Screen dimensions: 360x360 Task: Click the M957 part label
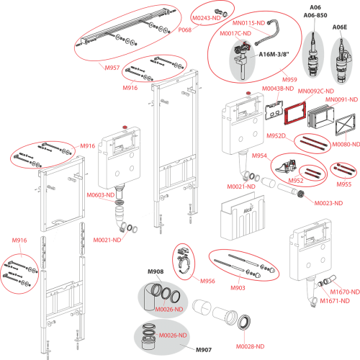click(x=112, y=68)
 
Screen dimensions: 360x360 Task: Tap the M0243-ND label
click(x=207, y=18)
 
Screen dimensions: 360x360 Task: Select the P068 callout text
click(x=185, y=30)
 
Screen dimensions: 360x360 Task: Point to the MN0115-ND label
click(x=248, y=23)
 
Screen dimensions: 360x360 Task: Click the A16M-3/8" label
click(x=274, y=55)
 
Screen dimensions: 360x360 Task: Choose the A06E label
click(x=340, y=27)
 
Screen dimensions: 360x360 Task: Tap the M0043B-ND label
click(x=278, y=89)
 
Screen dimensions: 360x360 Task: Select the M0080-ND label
click(x=346, y=144)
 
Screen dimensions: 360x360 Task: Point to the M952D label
click(x=276, y=136)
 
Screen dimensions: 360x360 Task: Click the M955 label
click(x=344, y=184)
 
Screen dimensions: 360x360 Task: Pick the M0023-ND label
click(x=328, y=203)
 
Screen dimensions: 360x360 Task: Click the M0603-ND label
click(x=101, y=195)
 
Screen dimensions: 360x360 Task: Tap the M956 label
click(x=207, y=281)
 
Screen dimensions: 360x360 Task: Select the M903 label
click(x=238, y=288)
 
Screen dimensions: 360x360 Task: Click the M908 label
click(x=156, y=271)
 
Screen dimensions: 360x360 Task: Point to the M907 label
click(x=204, y=350)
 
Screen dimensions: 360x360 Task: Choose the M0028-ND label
click(x=250, y=346)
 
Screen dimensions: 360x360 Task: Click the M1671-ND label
click(x=335, y=301)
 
